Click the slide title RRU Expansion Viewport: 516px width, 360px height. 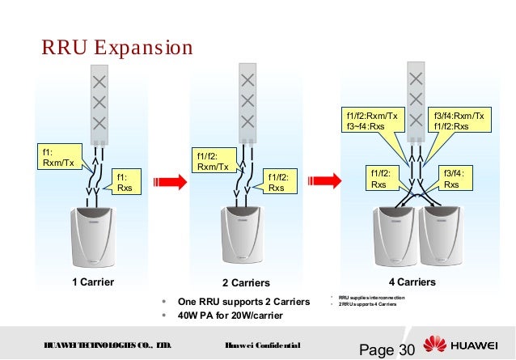tap(117, 47)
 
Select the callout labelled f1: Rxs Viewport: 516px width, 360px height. tap(126, 182)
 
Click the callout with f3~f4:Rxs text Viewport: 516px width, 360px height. tap(372, 121)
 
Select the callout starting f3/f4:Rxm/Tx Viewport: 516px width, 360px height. tap(459, 121)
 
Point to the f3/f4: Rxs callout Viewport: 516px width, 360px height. tap(454, 178)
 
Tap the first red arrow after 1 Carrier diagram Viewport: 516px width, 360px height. tap(168, 179)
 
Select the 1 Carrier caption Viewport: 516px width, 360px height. tap(92, 283)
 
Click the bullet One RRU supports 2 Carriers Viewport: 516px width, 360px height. tap(243, 302)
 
